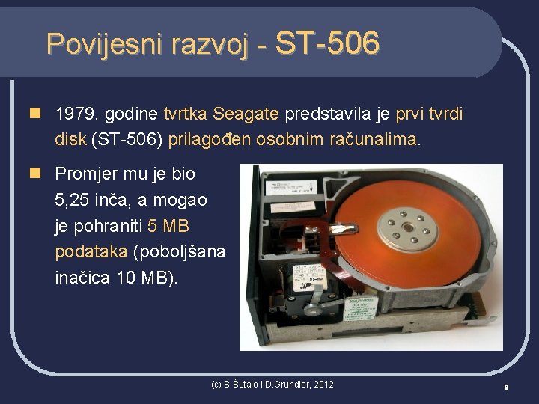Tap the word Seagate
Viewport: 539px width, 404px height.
click(246, 114)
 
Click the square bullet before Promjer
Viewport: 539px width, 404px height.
click(34, 174)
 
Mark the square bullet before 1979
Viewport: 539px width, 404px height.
click(34, 114)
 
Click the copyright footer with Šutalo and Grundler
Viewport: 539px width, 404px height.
click(273, 385)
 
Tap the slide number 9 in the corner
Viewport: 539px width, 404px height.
click(506, 387)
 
